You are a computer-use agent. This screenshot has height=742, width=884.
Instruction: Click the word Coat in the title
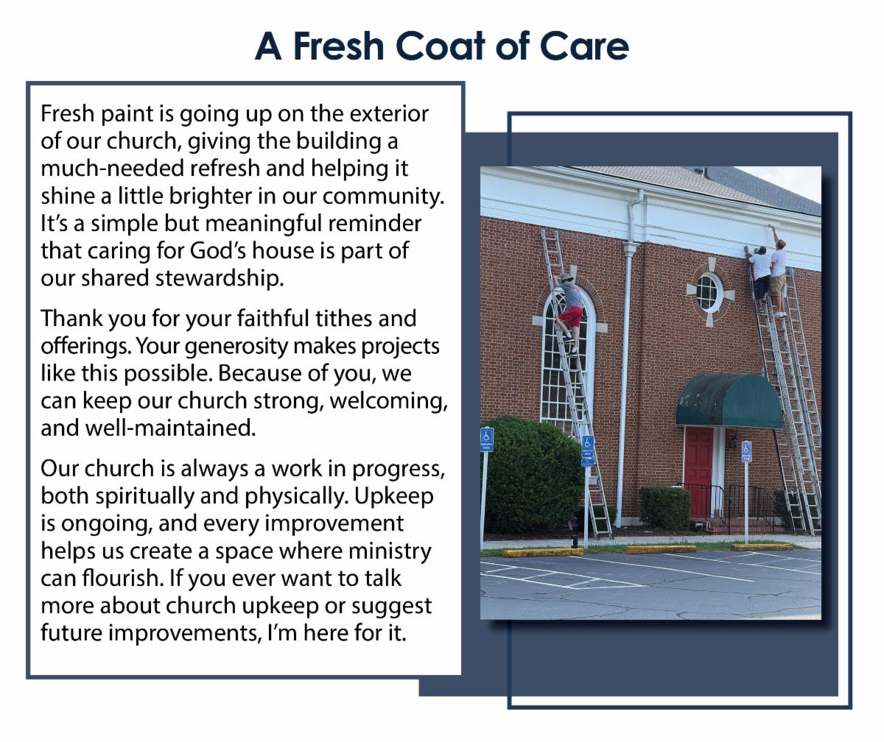point(441,46)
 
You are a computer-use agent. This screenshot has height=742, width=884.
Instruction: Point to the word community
point(384,197)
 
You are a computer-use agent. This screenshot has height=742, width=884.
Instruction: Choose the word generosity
point(236,347)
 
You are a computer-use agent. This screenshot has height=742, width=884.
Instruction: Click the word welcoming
point(389,400)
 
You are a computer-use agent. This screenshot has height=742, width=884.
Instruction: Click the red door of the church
point(699,471)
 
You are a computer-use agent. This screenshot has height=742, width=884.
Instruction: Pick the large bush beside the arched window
point(533,474)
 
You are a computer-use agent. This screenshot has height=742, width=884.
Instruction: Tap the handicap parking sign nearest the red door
point(746,451)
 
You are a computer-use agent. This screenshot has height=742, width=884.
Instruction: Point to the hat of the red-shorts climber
point(566,277)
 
